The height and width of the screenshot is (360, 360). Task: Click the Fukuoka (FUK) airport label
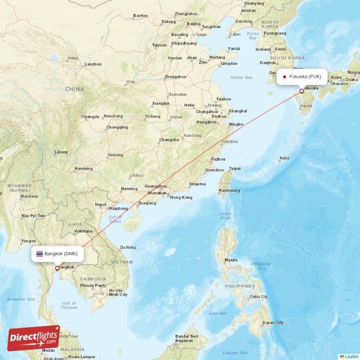click(x=305, y=76)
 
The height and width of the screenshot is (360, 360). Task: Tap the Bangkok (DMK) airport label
click(x=61, y=253)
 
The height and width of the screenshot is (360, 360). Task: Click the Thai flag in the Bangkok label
click(x=40, y=254)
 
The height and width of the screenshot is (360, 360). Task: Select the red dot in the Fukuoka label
click(x=284, y=76)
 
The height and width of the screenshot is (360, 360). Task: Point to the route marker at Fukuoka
click(x=301, y=90)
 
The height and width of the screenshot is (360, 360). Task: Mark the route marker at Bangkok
click(x=56, y=268)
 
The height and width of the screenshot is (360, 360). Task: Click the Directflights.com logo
click(x=33, y=338)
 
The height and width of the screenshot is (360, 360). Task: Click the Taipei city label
click(x=235, y=168)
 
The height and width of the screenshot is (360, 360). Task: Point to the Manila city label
click(x=231, y=260)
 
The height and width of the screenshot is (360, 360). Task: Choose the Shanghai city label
click(x=238, y=111)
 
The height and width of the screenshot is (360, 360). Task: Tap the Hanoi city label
click(x=100, y=205)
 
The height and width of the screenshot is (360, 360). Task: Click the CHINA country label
click(x=74, y=89)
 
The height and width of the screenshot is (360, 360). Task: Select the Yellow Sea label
click(x=241, y=77)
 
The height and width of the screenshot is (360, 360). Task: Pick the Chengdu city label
click(x=90, y=117)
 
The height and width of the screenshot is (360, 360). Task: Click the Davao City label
click(x=274, y=322)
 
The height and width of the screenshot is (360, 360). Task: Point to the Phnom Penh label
click(x=93, y=285)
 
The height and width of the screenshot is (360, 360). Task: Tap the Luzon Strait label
click(x=225, y=216)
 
